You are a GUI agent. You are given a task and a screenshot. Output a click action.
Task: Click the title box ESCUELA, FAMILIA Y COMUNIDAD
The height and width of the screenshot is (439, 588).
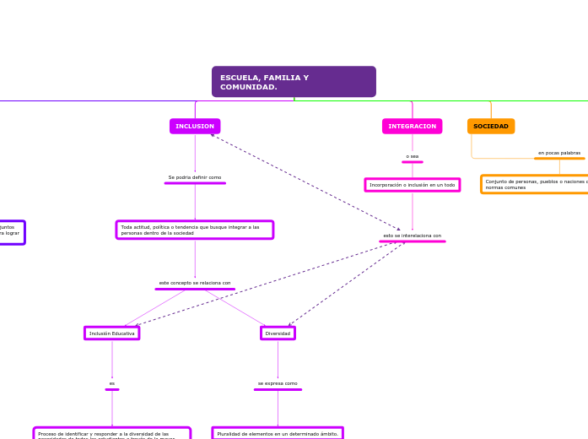point(294,82)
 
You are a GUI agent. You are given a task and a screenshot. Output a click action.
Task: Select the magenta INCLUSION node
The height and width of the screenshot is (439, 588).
point(195,127)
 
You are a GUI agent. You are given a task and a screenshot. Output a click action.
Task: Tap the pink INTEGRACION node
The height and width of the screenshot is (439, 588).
point(412,127)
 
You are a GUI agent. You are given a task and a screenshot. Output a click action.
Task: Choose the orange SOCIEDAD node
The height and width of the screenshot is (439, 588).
point(491,127)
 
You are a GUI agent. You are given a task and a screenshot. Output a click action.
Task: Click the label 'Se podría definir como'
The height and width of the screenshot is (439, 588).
point(195,177)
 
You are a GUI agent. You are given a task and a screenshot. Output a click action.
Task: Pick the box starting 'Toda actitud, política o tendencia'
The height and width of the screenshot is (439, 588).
point(195,230)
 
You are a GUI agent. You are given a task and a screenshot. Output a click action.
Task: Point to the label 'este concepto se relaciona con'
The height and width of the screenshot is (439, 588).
point(195,283)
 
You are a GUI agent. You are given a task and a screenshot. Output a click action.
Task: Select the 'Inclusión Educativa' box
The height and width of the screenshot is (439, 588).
point(111,333)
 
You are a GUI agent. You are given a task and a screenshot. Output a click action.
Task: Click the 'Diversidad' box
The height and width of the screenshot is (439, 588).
point(278,333)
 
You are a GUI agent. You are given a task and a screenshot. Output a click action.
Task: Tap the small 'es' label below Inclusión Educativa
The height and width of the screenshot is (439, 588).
point(111,383)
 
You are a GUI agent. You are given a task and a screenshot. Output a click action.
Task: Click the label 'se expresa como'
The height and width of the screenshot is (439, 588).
point(278,383)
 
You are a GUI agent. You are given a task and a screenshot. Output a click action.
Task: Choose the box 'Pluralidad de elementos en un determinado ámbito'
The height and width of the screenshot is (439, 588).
point(278,433)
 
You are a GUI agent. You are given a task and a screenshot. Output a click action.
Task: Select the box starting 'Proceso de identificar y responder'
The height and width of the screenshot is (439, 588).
point(111,434)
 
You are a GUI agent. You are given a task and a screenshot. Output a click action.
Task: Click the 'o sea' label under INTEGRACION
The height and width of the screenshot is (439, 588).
point(412,156)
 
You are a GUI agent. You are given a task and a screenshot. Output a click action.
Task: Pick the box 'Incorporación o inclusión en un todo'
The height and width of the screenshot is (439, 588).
point(412,185)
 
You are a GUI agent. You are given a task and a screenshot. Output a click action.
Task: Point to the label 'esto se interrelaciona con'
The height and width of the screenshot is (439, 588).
point(412,236)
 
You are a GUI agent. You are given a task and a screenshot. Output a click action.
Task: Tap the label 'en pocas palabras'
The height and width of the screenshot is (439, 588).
point(559,153)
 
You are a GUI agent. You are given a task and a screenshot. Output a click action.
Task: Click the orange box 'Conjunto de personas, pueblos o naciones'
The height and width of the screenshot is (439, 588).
point(535,184)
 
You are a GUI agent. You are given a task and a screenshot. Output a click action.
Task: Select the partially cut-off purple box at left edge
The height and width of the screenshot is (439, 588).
point(11,232)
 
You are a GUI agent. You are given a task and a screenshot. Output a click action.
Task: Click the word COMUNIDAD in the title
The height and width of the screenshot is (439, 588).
point(249,87)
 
